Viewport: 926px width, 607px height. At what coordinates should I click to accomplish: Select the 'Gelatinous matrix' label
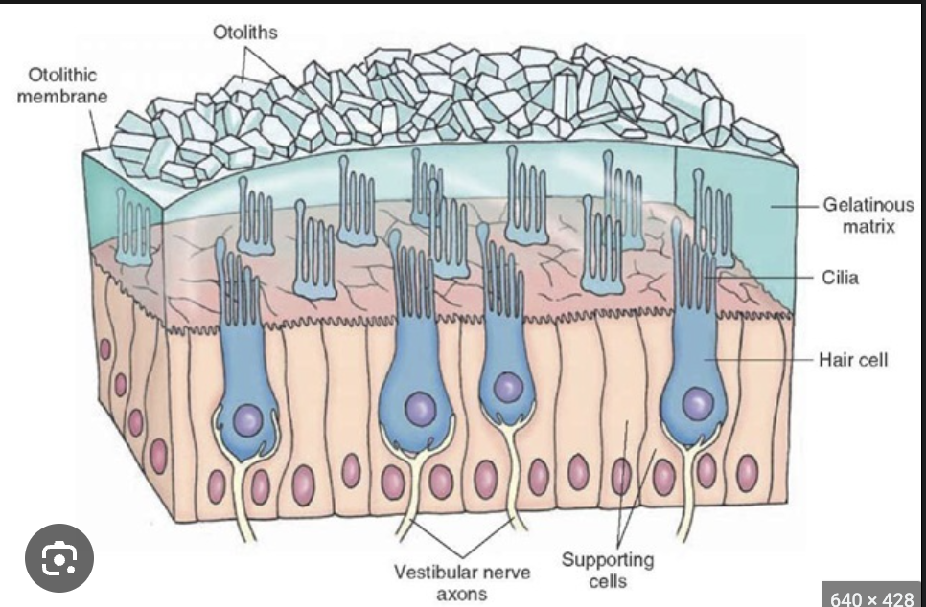pos(868,215)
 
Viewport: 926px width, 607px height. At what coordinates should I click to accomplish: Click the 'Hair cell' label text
pos(853,359)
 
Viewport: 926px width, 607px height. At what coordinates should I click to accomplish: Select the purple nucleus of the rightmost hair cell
pos(697,403)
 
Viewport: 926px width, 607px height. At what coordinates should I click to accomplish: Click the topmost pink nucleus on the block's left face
pos(106,348)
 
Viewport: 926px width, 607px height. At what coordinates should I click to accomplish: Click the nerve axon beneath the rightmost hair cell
pos(686,498)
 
